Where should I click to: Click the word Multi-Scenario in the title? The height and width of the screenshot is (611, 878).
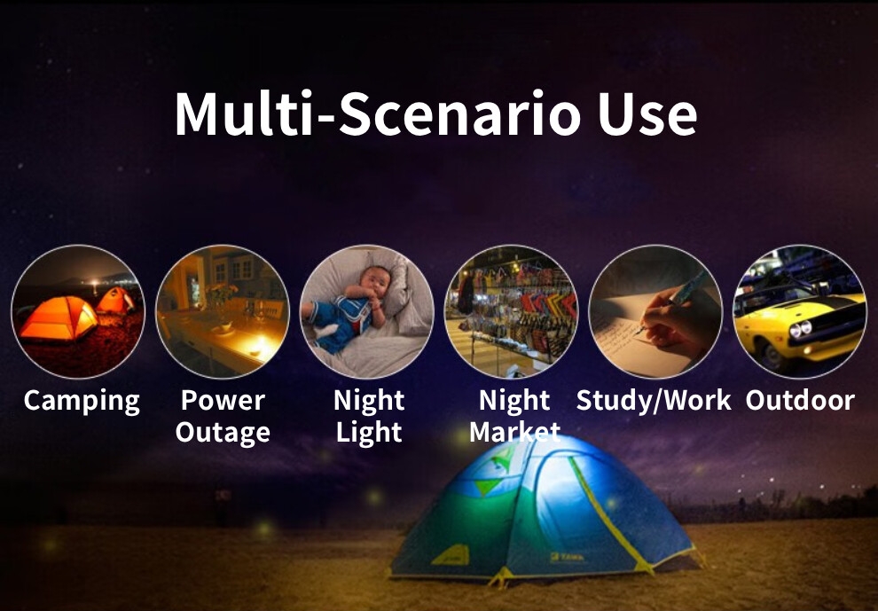pos(378,114)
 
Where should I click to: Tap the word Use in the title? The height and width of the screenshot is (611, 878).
pos(647,114)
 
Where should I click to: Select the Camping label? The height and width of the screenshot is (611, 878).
pos(82,402)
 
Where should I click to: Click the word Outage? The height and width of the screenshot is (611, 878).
pos(223,433)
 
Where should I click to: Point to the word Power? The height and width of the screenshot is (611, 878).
pos(223,400)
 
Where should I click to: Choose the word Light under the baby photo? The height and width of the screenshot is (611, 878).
pos(369,433)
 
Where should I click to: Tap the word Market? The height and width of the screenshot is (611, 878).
pos(514,432)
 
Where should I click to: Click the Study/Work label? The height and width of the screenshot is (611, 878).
pos(654,401)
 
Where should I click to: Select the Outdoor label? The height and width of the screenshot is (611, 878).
pos(800,401)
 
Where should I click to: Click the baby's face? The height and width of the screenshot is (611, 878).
pos(374,283)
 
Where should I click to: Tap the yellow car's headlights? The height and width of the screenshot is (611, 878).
pos(800,329)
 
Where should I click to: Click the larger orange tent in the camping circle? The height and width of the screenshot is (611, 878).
pos(58,318)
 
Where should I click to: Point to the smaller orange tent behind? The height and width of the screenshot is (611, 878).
pos(115,301)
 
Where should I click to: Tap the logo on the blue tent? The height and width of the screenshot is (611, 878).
pos(568,557)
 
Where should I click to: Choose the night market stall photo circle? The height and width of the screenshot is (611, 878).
pos(511,311)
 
